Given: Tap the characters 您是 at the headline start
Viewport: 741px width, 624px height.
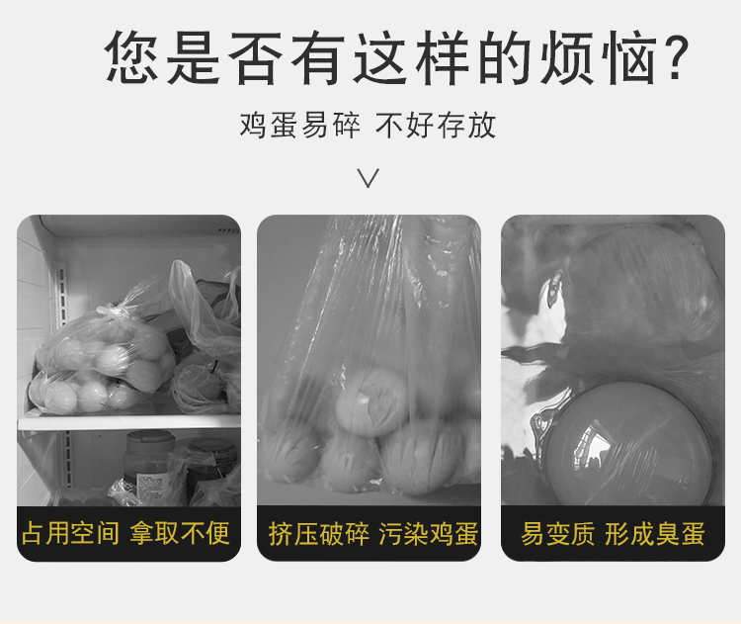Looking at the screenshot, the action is tap(163, 57).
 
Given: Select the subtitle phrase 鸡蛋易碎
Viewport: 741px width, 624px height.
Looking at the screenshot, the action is tap(299, 126).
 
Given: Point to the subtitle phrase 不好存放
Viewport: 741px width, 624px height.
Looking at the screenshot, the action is tap(436, 126).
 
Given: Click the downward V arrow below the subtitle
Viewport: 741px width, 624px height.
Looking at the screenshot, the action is tap(369, 178).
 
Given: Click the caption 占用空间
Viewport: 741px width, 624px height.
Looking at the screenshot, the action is tap(70, 533).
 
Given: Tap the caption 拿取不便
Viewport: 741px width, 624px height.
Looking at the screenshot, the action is tap(180, 533).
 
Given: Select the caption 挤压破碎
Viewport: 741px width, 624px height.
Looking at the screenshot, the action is tap(318, 534).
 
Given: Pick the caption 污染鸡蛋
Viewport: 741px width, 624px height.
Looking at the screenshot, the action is tap(428, 534).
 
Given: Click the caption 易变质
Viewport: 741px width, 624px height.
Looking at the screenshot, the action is tap(557, 534).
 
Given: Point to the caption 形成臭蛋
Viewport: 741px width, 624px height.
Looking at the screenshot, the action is tap(655, 534).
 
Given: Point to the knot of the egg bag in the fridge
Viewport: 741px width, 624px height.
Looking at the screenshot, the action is tap(108, 310).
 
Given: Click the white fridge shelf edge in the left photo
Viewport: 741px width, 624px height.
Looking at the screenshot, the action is tap(128, 422).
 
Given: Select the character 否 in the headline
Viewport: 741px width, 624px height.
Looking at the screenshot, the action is tap(256, 57).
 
